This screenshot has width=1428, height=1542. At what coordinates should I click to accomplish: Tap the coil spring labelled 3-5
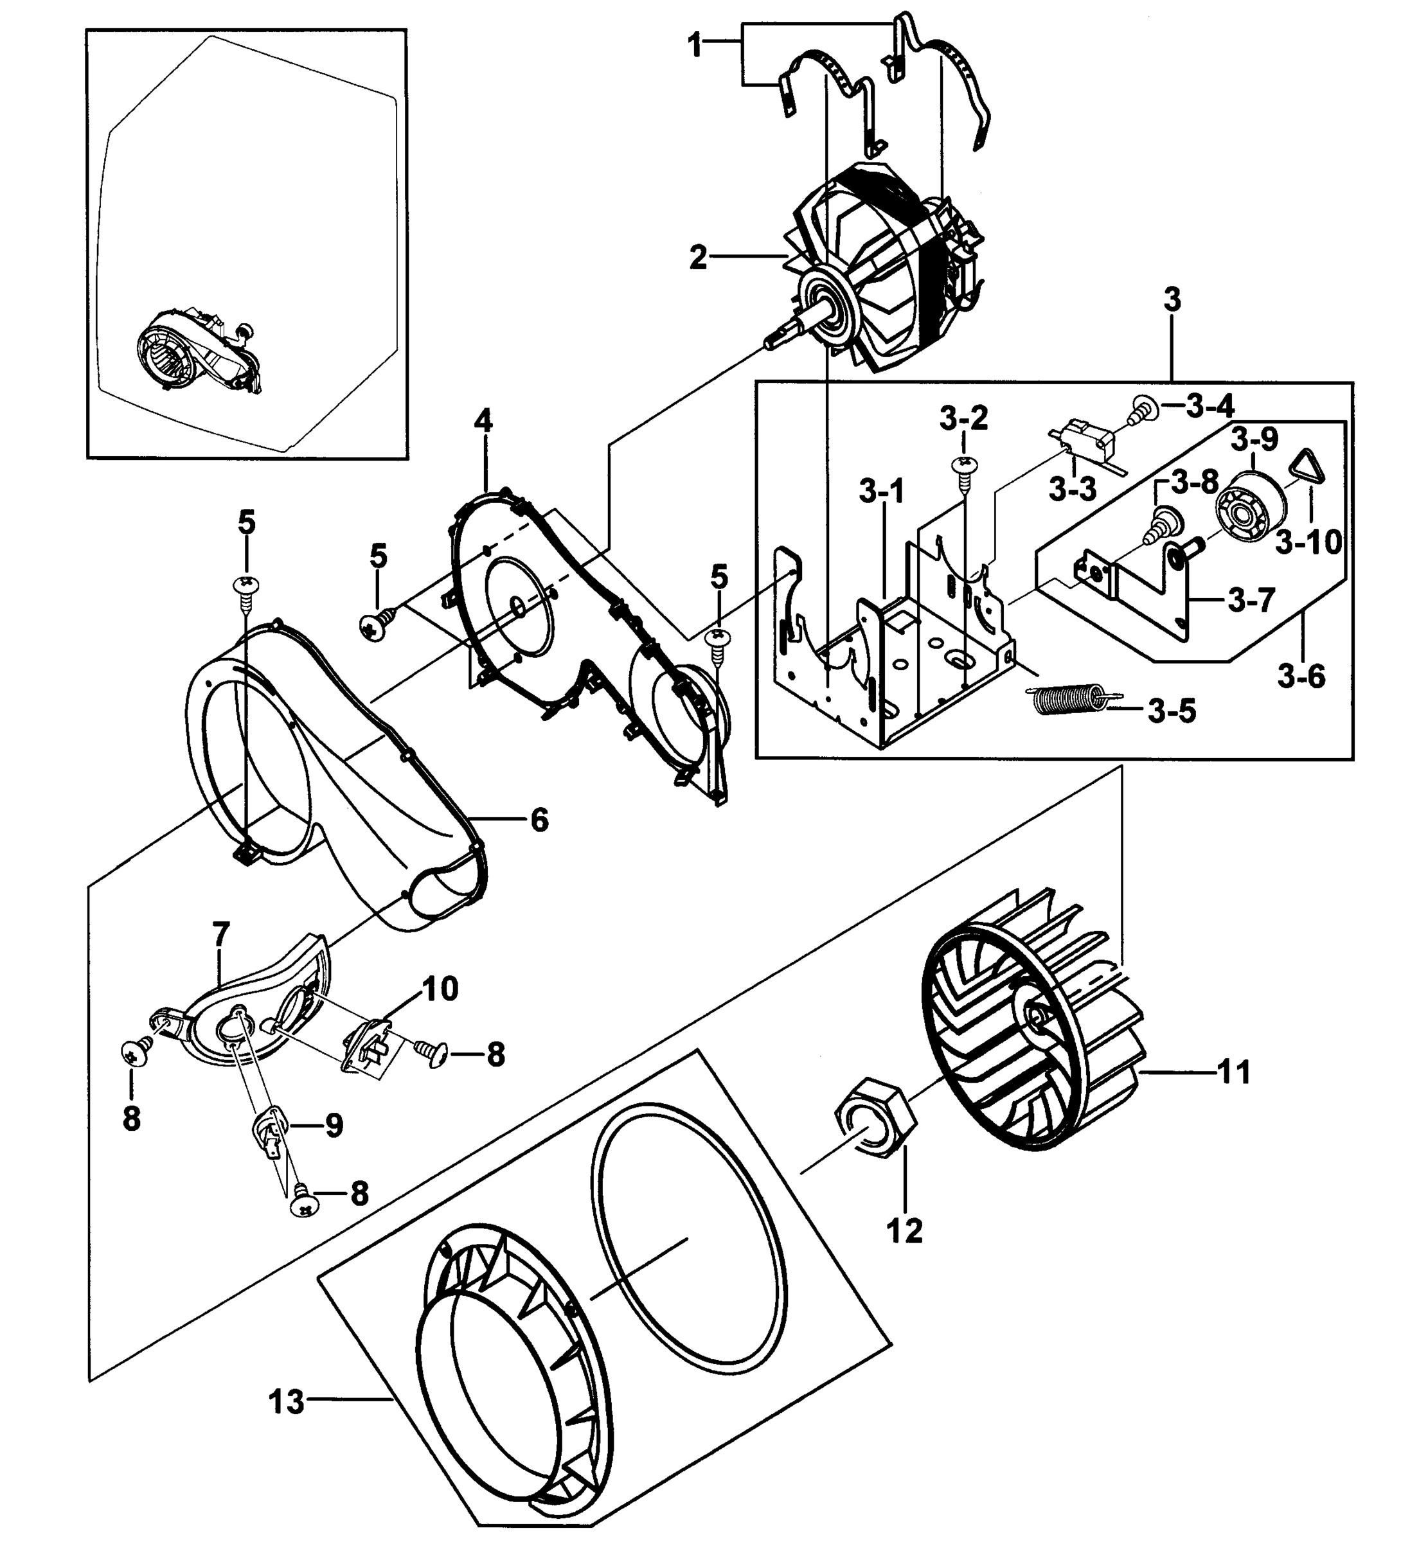[1069, 700]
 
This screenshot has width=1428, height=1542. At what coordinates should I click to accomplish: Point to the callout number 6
[539, 820]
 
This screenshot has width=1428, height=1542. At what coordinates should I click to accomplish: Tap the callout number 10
[440, 988]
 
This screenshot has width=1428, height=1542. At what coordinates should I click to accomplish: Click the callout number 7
[220, 934]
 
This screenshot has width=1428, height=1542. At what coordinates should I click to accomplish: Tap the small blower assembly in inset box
[197, 352]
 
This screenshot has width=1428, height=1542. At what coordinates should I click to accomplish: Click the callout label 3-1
[881, 492]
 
